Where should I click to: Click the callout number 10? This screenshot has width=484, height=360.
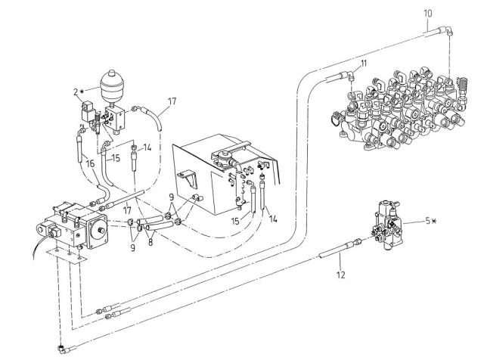pyautogui.click(x=428, y=13)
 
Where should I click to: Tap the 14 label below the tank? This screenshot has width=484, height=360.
pyautogui.click(x=273, y=218)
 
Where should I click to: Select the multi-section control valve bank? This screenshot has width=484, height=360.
pyautogui.click(x=393, y=106)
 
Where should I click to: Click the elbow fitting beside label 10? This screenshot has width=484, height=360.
pyautogui.click(x=445, y=29)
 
